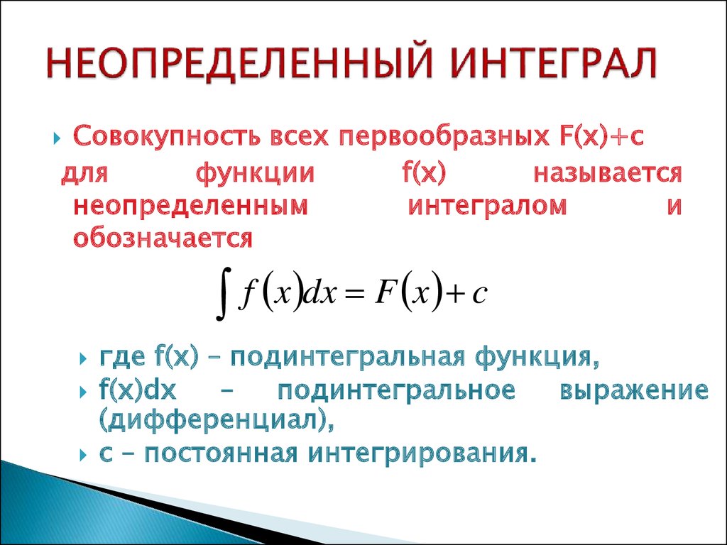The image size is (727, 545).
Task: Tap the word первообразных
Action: (x=442, y=137)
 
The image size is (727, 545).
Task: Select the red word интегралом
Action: (x=487, y=207)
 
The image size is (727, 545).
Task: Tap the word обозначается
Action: (x=163, y=238)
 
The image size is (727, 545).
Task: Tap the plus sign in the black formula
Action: (x=456, y=295)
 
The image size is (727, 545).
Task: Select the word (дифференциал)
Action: (x=216, y=421)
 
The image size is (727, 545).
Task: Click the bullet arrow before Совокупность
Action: (x=57, y=138)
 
